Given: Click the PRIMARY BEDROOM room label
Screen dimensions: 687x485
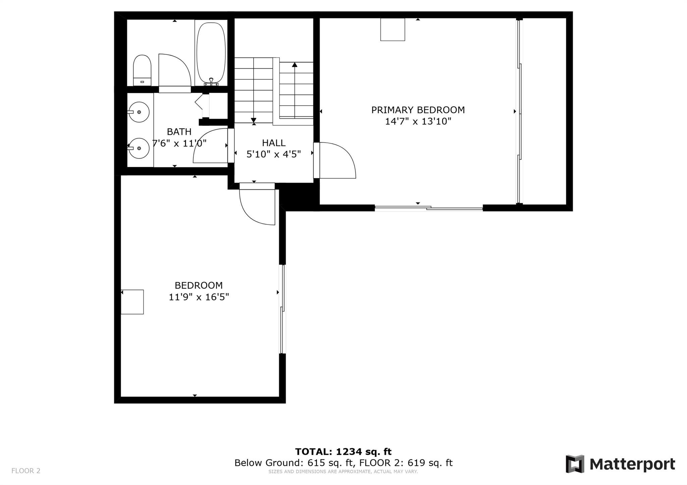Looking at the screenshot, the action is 418,110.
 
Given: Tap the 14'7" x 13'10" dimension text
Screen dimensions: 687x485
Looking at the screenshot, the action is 418,121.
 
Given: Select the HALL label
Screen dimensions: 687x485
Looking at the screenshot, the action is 274,143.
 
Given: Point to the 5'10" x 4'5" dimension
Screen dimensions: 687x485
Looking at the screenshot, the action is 274,154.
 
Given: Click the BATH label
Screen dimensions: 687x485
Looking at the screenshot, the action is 179,132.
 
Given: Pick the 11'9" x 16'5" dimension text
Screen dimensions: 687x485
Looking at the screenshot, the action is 199,297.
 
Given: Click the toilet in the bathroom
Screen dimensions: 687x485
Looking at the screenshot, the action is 142,70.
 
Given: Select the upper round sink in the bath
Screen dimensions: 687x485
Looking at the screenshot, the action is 139,112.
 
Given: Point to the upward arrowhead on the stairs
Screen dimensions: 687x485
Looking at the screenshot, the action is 295,64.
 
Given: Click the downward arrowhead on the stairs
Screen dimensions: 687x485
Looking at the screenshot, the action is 254,120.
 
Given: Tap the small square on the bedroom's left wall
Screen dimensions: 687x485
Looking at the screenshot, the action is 132,302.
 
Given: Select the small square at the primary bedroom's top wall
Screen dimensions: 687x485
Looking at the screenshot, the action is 392,29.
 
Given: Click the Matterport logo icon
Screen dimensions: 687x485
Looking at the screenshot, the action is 575,464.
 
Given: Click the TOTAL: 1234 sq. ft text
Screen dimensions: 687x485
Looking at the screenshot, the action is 343,452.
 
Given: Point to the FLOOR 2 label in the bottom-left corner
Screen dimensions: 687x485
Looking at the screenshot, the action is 26,471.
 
